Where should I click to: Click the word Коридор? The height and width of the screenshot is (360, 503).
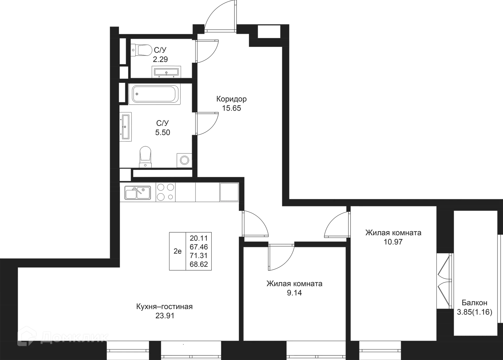tap(231, 99)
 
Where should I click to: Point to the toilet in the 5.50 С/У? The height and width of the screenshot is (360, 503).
tap(145, 156)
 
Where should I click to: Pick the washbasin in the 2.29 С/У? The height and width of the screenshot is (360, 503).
tap(166, 71)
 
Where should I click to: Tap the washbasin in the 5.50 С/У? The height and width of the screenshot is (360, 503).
tap(127, 127)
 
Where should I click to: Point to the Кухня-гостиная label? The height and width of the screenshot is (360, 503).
tap(165, 307)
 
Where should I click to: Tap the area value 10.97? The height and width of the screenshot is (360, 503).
tap(393, 241)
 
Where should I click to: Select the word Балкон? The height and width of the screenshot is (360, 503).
tap(475, 303)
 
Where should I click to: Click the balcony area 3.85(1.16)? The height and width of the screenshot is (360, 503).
tap(475, 313)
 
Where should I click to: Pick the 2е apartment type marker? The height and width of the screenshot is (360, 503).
tap(177, 251)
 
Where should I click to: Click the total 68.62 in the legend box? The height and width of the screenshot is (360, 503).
tap(199, 264)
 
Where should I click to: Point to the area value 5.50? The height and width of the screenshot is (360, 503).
tap(163, 132)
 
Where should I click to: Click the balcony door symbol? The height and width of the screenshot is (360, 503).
tap(445, 280)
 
